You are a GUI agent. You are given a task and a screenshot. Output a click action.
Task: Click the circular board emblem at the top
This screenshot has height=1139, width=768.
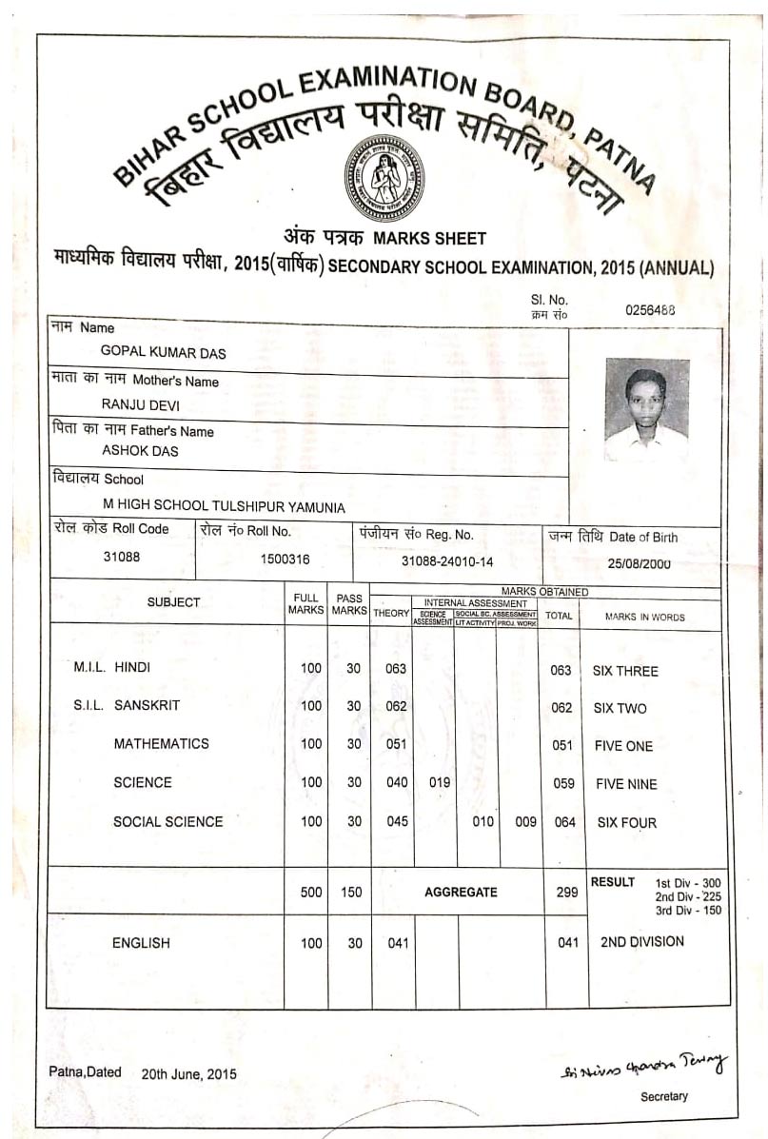[384, 178]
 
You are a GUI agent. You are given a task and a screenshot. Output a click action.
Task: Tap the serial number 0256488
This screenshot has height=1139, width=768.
[650, 309]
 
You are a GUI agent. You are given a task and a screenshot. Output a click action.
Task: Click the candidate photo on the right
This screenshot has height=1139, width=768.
[646, 409]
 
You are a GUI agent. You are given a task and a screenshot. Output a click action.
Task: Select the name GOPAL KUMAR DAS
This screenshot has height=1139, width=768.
[164, 352]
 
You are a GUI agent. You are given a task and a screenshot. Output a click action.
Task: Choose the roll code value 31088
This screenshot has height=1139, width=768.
[122, 558]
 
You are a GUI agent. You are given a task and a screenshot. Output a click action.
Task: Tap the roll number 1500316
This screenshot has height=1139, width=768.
[286, 560]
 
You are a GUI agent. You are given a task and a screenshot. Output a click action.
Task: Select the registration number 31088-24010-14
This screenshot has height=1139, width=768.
[447, 561]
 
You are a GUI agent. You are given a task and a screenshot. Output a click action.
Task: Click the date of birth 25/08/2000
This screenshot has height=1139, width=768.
[639, 563]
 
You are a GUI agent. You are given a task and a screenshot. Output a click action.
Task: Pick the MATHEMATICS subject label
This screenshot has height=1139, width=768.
[162, 744]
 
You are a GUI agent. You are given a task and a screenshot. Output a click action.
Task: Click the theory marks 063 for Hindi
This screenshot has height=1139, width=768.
[396, 669]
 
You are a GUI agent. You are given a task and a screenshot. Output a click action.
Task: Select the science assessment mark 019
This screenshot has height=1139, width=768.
[439, 783]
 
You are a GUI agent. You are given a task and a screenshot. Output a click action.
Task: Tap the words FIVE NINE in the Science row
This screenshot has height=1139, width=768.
[625, 784]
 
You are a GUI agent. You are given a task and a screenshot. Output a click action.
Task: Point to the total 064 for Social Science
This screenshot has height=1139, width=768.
[564, 822]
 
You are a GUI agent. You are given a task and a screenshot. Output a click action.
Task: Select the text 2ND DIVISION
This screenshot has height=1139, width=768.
[641, 942]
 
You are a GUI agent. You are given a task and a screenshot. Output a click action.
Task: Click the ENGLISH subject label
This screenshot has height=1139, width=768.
[141, 943]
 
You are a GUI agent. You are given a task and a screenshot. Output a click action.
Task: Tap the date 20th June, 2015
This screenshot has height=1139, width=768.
[188, 1073]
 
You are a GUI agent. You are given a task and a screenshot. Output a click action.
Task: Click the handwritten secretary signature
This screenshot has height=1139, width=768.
[643, 1065]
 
